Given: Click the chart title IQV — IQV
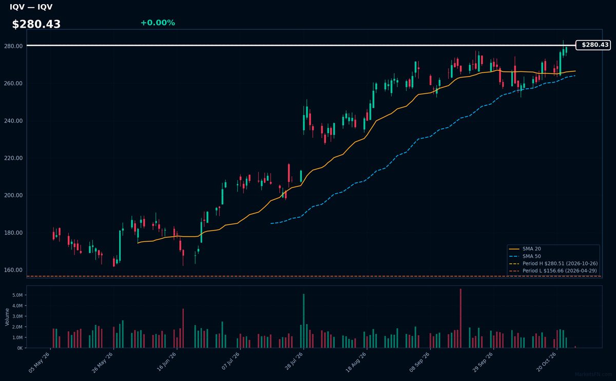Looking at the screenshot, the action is [x=31, y=7].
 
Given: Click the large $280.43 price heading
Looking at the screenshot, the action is [x=36, y=24].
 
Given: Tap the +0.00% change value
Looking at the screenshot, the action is [x=158, y=23].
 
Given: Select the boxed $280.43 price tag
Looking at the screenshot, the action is [x=593, y=45].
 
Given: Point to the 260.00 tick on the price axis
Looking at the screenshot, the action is [x=13, y=83].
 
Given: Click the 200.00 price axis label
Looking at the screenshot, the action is [x=13, y=195].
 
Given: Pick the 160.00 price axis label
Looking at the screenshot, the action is [x=13, y=270].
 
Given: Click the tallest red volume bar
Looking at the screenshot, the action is [x=460, y=318].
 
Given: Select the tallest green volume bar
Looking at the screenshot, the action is [x=303, y=321].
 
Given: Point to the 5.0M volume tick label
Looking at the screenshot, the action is [x=17, y=295].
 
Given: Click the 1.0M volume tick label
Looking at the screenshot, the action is [x=17, y=337].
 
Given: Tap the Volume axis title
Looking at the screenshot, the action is [x=7, y=317].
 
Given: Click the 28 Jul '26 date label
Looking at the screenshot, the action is [x=294, y=361].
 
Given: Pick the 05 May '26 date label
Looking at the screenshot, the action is [x=39, y=363].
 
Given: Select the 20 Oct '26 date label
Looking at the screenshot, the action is [x=546, y=362].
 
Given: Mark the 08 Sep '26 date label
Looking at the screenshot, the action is [x=419, y=362].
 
